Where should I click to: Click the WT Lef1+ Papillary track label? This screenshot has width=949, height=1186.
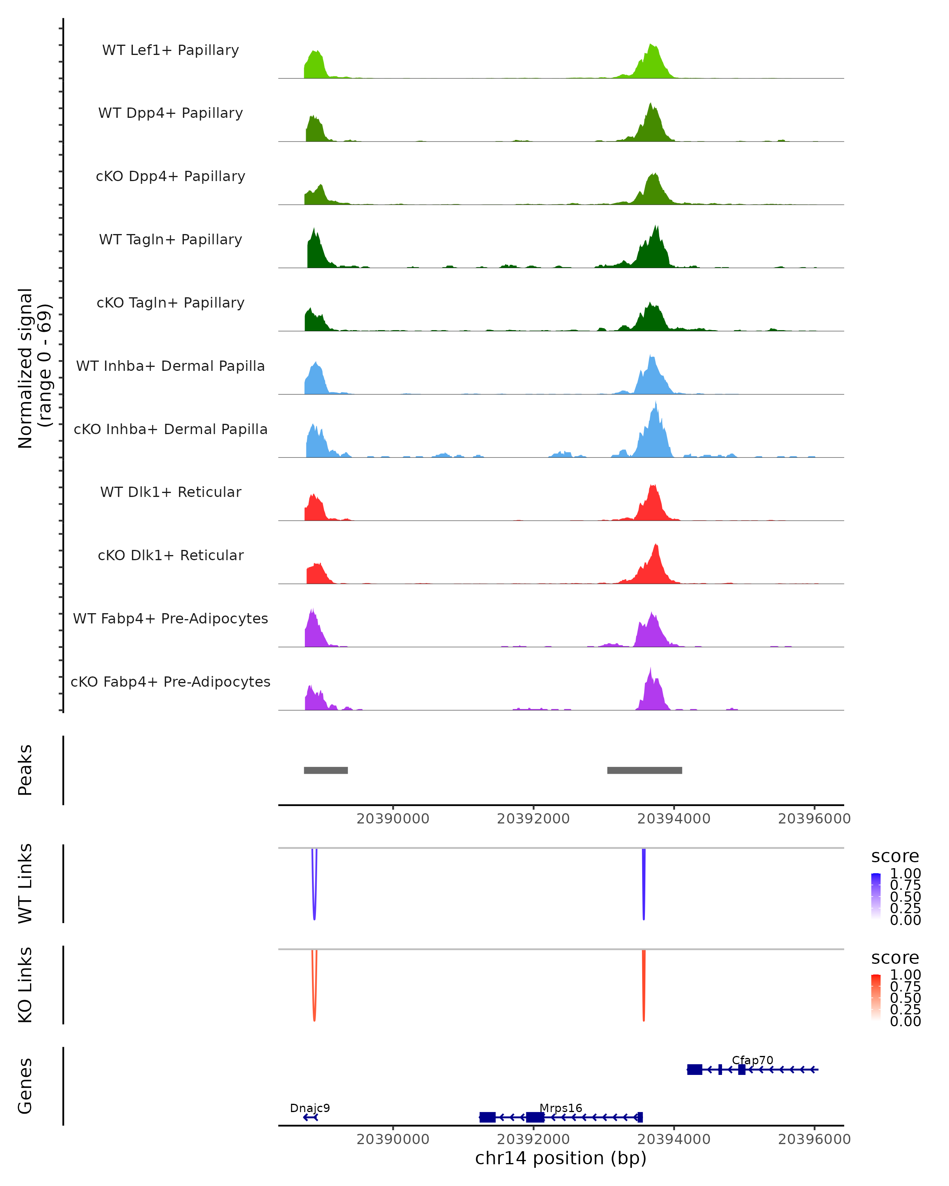[170, 50]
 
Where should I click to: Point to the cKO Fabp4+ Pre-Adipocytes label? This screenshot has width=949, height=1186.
[170, 682]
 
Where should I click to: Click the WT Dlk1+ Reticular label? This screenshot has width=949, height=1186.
[170, 492]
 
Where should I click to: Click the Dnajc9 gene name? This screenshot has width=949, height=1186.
[310, 1108]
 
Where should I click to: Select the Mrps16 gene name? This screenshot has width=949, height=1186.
[561, 1108]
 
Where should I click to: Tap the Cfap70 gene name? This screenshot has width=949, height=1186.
[752, 1060]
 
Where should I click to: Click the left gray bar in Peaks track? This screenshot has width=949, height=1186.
[326, 770]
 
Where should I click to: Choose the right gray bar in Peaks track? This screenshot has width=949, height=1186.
[644, 770]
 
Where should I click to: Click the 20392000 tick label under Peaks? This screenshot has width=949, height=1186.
[533, 819]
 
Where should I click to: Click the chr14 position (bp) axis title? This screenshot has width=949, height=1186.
[561, 1158]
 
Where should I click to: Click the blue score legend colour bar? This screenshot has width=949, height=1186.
[876, 896]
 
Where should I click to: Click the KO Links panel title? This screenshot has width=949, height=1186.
[25, 985]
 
